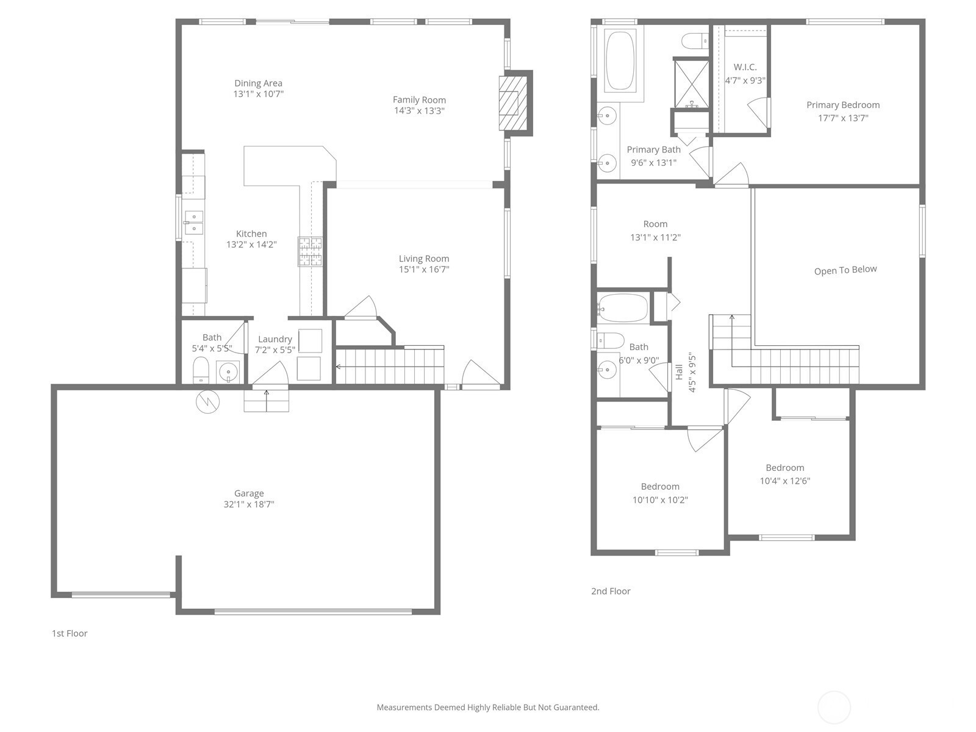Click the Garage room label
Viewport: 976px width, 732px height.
click(249, 493)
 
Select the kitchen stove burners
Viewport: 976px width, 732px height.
click(310, 251)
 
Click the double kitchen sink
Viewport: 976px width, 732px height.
click(194, 223)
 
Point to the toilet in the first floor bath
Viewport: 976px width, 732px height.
click(201, 370)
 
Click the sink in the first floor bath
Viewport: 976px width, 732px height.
click(228, 371)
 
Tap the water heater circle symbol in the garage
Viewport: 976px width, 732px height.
click(207, 402)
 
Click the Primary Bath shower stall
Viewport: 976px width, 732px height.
click(691, 84)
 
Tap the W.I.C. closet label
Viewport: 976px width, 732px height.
click(745, 67)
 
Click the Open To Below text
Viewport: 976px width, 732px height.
click(845, 270)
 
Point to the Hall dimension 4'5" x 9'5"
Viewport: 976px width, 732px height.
click(692, 373)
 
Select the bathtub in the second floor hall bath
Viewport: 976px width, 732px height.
click(623, 307)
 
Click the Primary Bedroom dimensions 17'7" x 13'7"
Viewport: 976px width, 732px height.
click(843, 118)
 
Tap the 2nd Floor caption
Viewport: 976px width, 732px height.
click(611, 591)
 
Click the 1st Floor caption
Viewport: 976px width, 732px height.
click(70, 633)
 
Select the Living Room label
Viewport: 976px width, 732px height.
click(424, 259)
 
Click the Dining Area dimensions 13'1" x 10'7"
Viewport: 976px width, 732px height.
click(259, 94)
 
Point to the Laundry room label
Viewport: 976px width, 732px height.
click(274, 340)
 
